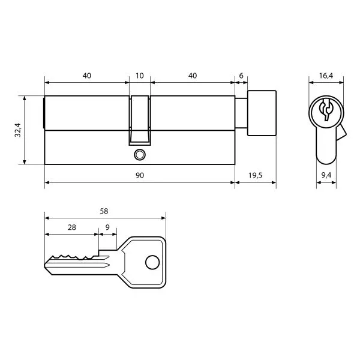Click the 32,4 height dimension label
(17, 130)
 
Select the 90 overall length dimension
(140, 175)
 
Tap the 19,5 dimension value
(255, 176)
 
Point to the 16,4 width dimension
(326, 76)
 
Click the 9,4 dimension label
(326, 175)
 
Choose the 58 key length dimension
(104, 211)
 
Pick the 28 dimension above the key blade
(72, 227)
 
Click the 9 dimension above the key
(107, 227)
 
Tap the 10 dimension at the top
(140, 76)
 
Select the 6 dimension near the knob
(241, 76)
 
